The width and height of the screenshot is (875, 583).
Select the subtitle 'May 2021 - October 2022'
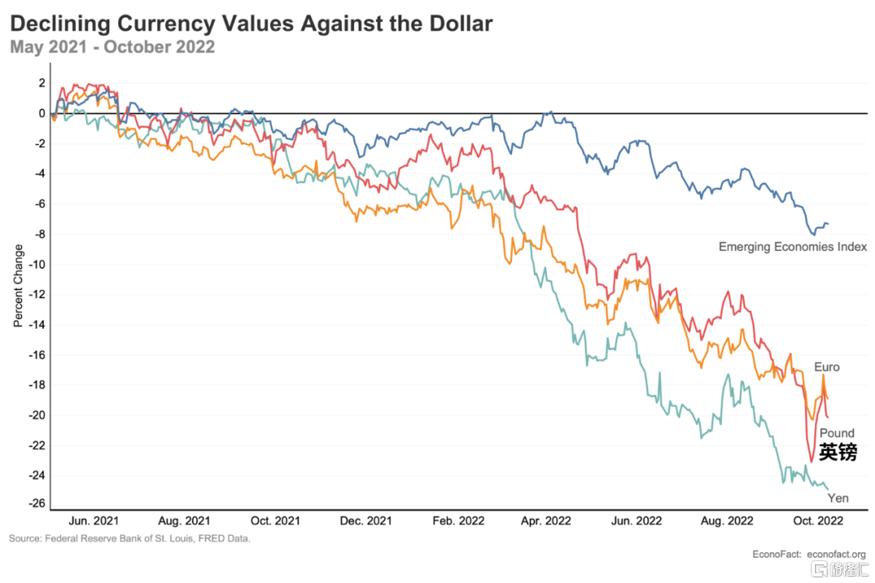pos(113,47)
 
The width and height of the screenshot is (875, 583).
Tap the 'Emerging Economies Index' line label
pos(793,246)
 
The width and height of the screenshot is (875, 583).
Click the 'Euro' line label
pos(826,367)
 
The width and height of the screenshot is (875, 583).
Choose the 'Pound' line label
pos(836,433)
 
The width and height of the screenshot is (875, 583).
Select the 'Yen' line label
pos(838,498)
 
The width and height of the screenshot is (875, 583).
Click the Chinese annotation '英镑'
pos(837,452)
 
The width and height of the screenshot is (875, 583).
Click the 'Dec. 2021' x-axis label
pos(365,520)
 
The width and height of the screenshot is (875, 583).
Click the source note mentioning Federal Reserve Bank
pos(130,538)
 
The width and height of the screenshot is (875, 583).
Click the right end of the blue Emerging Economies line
pos(828,223)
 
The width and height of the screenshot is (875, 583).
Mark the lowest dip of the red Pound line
pos(811,462)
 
